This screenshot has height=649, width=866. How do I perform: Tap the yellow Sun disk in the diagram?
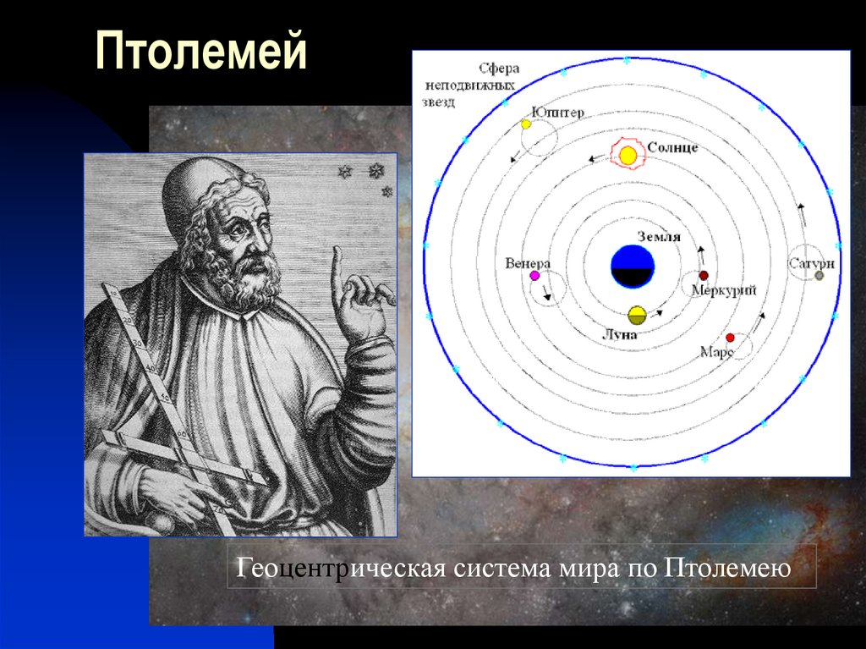tap(628, 156)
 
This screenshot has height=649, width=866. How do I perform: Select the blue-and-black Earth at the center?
tap(633, 267)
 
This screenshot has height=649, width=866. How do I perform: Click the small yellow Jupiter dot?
tap(525, 124)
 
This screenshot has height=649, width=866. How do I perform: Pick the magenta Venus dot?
tap(534, 275)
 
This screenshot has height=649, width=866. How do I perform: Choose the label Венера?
tap(528, 262)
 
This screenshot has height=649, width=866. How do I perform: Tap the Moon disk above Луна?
tap(637, 315)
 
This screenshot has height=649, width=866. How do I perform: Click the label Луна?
tap(619, 334)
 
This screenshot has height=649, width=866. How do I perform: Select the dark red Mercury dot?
tap(703, 276)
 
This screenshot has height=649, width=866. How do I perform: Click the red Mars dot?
tap(730, 338)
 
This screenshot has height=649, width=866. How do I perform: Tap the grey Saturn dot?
tap(819, 276)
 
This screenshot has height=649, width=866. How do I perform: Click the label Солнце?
tap(672, 147)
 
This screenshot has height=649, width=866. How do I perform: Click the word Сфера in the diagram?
tap(498, 68)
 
